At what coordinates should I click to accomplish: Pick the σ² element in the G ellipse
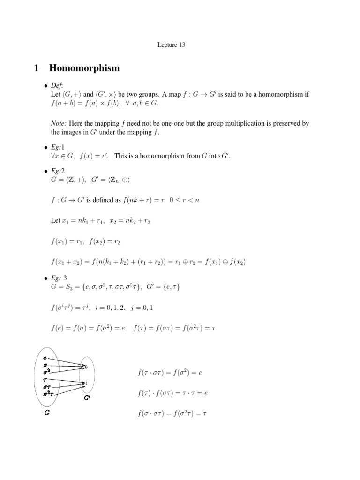46,370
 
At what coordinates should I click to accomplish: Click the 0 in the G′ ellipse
86,367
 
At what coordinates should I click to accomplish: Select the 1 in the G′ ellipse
86,383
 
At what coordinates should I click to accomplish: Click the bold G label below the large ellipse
47,414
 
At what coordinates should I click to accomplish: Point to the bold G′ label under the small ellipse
88,398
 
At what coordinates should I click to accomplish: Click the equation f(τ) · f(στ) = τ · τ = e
172,393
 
